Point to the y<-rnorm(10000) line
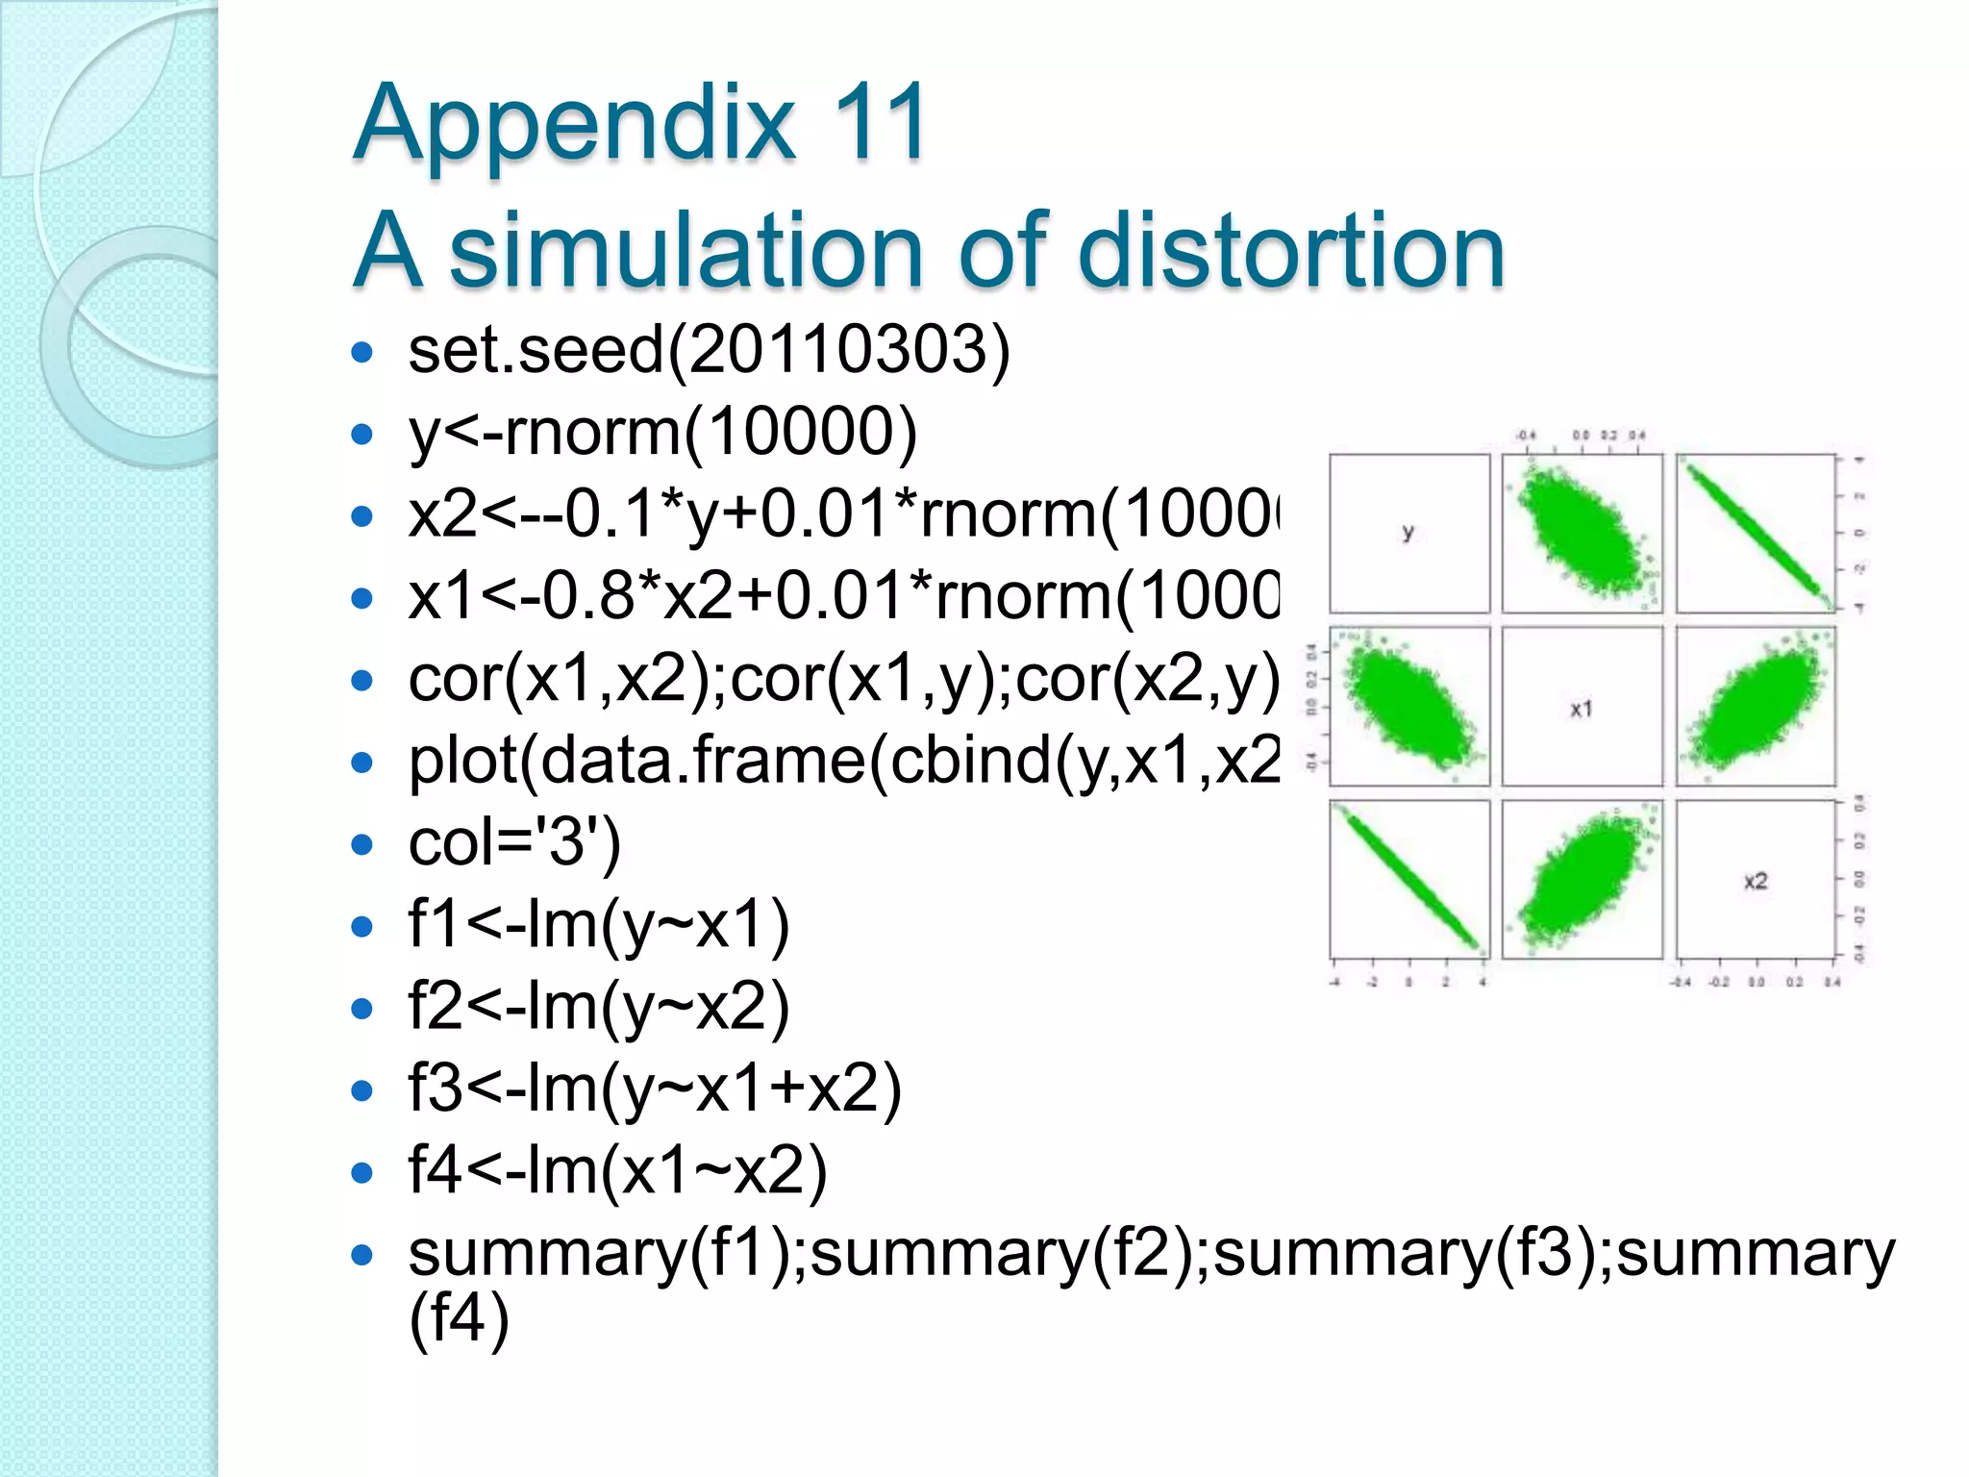(x=662, y=432)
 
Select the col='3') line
(x=514, y=843)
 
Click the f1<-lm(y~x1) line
(x=598, y=925)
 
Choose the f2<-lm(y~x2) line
(x=598, y=1008)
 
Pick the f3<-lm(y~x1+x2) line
(x=654, y=1089)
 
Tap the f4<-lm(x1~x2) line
(x=617, y=1171)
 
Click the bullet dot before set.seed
(x=362, y=352)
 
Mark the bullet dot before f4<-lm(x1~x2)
(x=362, y=1174)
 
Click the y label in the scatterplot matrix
(x=1408, y=532)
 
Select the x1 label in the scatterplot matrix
(x=1582, y=709)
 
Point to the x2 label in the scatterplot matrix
(x=1756, y=881)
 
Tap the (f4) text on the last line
(x=458, y=1319)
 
